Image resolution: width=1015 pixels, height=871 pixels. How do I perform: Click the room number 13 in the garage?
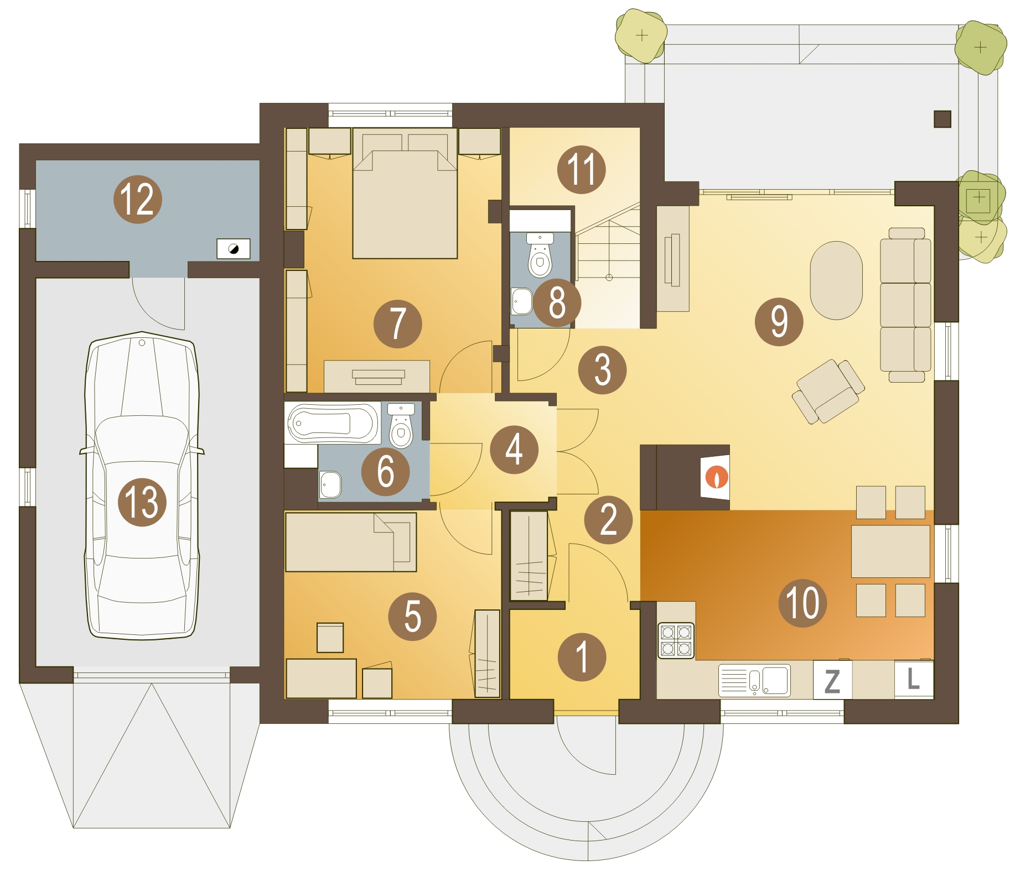tap(142, 502)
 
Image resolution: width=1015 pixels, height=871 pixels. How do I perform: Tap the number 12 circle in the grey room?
tap(137, 200)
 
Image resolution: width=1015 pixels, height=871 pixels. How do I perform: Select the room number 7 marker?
tap(397, 324)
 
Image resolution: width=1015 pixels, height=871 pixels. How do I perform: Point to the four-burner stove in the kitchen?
tap(676, 640)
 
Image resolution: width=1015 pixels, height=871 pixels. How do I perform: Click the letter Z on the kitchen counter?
tap(832, 681)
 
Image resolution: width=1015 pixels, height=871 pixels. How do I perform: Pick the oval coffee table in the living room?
tap(836, 280)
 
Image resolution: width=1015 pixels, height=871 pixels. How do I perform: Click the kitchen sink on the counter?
tap(754, 680)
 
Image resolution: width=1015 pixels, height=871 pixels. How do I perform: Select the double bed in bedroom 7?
tap(405, 194)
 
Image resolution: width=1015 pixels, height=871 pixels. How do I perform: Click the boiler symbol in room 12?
tap(233, 249)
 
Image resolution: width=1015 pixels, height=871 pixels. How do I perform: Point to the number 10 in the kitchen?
tap(802, 603)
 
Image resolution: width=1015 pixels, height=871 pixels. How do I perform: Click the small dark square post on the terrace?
tap(942, 119)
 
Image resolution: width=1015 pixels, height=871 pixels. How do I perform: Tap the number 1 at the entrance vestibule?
tap(582, 657)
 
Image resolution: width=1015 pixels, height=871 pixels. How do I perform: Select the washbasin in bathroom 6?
tap(330, 484)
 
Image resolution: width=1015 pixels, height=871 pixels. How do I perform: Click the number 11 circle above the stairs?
tap(581, 169)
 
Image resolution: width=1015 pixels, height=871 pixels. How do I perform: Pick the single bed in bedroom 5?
tap(351, 542)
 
